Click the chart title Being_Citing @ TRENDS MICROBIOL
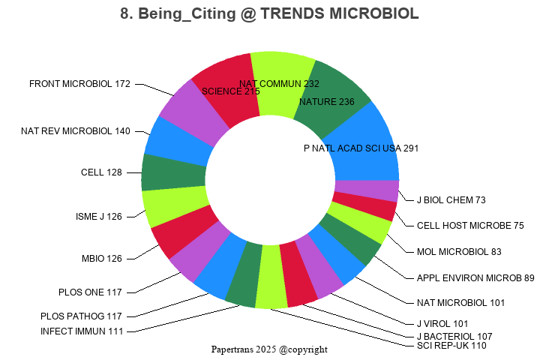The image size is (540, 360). (269, 14)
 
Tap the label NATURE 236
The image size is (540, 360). (326, 102)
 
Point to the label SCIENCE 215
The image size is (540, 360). (231, 91)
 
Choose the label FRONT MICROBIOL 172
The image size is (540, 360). (79, 84)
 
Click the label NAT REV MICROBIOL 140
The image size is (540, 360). (76, 131)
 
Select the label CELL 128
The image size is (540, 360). (101, 172)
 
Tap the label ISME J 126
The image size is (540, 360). (99, 217)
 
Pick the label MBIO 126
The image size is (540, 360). (101, 259)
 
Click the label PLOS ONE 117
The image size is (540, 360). (90, 292)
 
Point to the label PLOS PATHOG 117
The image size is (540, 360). (81, 316)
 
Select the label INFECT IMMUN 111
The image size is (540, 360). (81, 331)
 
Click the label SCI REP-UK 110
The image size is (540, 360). (451, 346)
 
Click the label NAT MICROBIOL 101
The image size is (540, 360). (460, 303)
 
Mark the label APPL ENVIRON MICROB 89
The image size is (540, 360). (475, 278)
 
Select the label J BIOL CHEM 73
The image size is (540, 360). (451, 200)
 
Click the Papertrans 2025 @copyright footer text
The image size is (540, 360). (269, 349)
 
